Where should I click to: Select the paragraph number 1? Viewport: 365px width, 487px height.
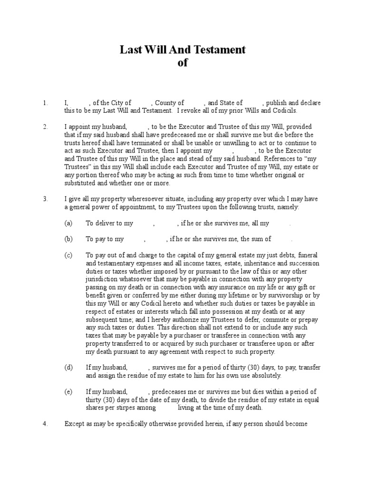pyautogui.click(x=45, y=103)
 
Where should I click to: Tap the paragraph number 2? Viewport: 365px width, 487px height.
pyautogui.click(x=45, y=127)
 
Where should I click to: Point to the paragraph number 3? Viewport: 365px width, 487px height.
pyautogui.click(x=45, y=199)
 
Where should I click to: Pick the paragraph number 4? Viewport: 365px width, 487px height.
pyautogui.click(x=45, y=424)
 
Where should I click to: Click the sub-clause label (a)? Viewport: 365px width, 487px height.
pyautogui.click(x=68, y=223)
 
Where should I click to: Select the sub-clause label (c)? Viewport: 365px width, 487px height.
pyautogui.click(x=68, y=255)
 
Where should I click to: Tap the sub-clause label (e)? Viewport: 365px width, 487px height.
pyautogui.click(x=68, y=392)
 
